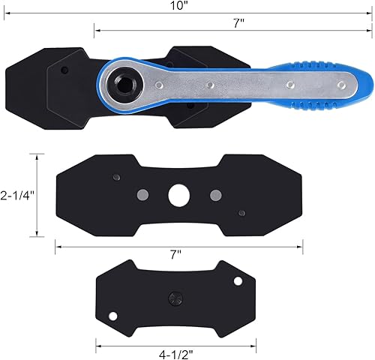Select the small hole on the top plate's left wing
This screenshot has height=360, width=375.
(x=64, y=70)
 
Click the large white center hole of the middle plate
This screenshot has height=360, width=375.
(x=178, y=194)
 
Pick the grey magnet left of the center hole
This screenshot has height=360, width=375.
(x=142, y=195)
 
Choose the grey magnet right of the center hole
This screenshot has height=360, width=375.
(x=216, y=195)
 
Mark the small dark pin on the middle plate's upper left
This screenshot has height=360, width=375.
(x=115, y=177)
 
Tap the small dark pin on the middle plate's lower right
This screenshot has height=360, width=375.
(x=241, y=213)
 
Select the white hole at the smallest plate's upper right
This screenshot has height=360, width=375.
(x=238, y=281)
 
